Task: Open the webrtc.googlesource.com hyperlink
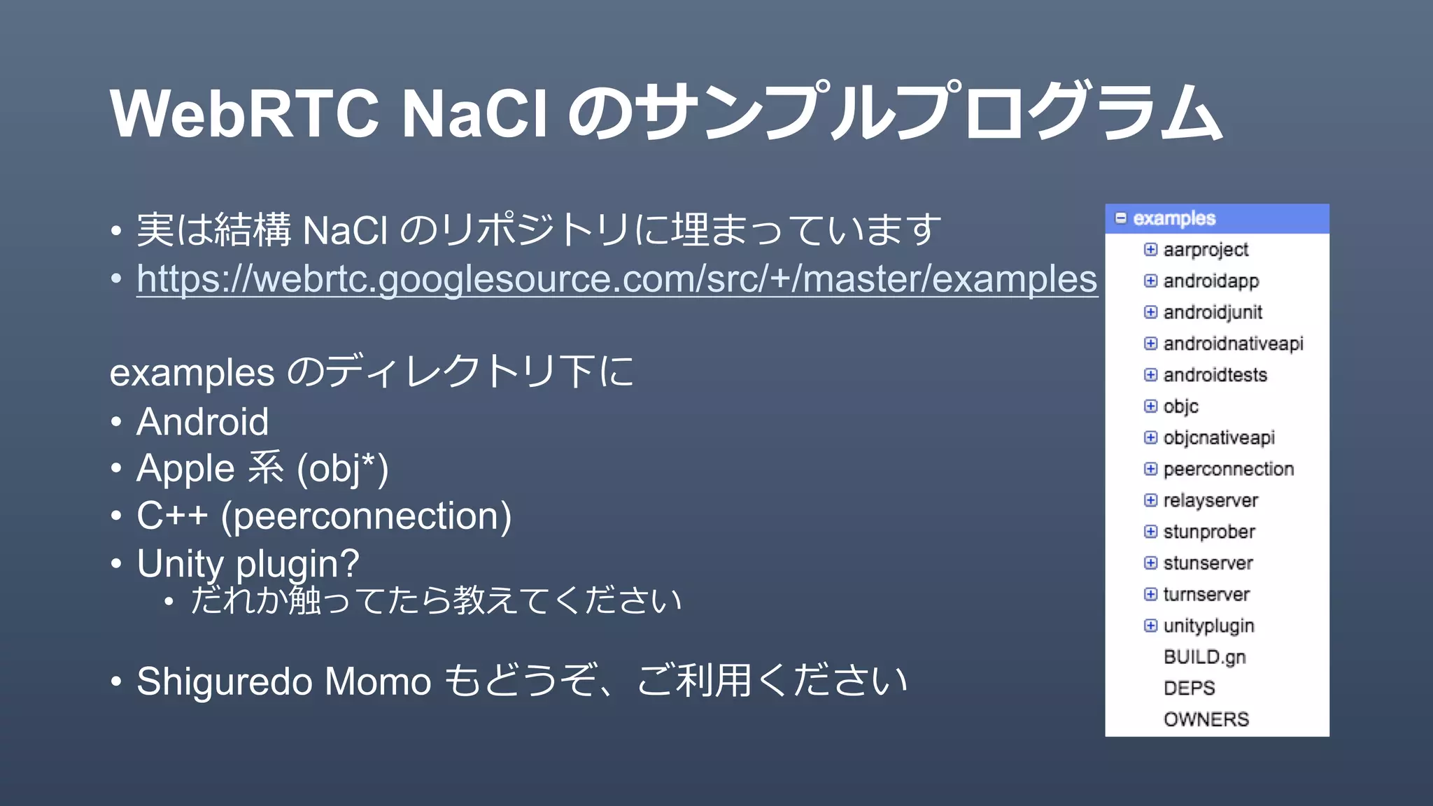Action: tap(616, 279)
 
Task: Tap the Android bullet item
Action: tap(202, 422)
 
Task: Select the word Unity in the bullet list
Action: tap(181, 563)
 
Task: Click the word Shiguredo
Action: tap(224, 681)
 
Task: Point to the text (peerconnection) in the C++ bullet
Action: tap(366, 516)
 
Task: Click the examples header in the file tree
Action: tap(1174, 218)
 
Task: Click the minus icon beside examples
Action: tap(1121, 218)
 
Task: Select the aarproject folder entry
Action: tap(1205, 250)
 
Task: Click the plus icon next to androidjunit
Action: tap(1150, 312)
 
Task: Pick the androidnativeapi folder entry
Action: tap(1233, 344)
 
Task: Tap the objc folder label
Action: tap(1180, 406)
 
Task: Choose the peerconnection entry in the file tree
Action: tap(1228, 469)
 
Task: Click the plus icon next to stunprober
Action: tap(1150, 532)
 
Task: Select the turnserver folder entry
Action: tap(1206, 595)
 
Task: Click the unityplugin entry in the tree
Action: tap(1208, 626)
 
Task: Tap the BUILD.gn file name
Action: tap(1204, 657)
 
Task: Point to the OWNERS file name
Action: tap(1206, 719)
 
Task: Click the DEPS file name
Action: tap(1189, 688)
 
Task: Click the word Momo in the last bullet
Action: tap(378, 681)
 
